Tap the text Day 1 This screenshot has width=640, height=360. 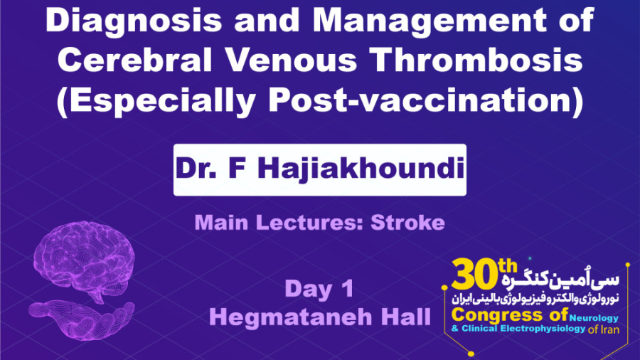(x=319, y=290)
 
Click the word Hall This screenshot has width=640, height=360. (x=402, y=317)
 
